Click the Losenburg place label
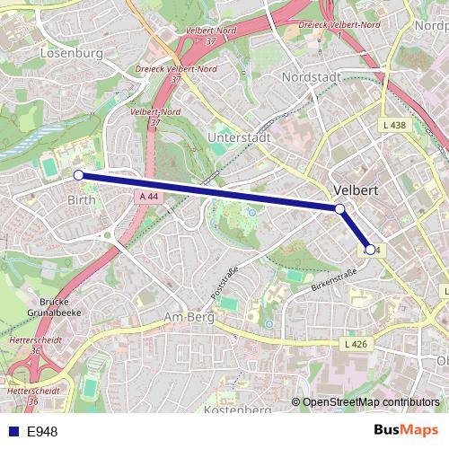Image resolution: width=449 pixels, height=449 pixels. click(72, 53)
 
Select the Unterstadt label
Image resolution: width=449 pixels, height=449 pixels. click(238, 137)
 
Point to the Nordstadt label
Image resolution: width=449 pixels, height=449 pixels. click(311, 77)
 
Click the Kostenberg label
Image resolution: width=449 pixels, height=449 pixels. click(238, 409)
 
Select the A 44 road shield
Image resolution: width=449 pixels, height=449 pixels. click(148, 197)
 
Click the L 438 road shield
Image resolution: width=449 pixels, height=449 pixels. click(392, 125)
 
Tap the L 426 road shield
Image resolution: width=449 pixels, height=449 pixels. click(356, 344)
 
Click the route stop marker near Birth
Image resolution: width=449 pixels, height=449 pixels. click(78, 175)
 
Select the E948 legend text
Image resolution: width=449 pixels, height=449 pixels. click(42, 432)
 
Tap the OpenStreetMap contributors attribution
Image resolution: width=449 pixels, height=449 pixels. click(370, 402)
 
